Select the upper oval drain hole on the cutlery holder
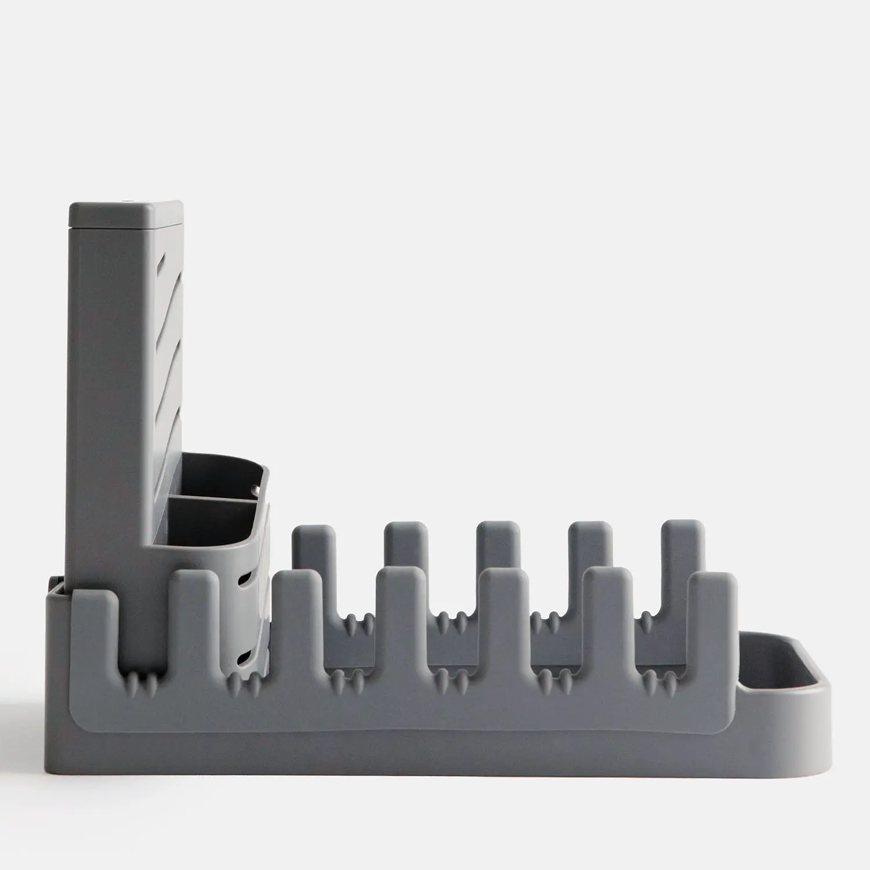(245, 574)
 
